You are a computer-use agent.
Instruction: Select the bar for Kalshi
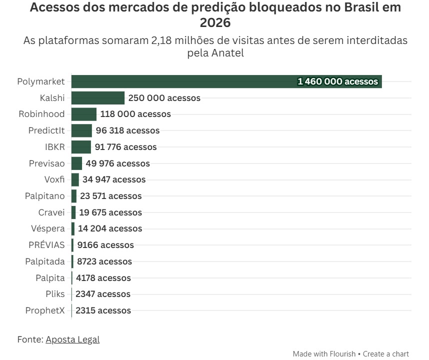pos(97,98)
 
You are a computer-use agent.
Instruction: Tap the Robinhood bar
pos(83,114)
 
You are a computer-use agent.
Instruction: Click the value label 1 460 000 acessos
pos(337,81)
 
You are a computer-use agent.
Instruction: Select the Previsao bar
pos(76,163)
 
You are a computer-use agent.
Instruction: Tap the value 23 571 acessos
pos(110,196)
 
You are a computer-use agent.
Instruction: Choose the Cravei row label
pos(51,212)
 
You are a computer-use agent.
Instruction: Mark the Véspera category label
pos(48,228)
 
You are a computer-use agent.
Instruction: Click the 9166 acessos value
pos(105,245)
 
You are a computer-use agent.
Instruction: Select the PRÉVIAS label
pos(46,245)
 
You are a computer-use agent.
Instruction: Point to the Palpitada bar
pos(72,261)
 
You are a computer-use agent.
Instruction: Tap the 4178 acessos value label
pos(103,278)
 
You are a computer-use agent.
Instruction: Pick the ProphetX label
pos(45,310)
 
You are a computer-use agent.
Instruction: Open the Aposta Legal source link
pos(72,339)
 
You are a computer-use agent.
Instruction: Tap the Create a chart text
pos(385,353)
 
